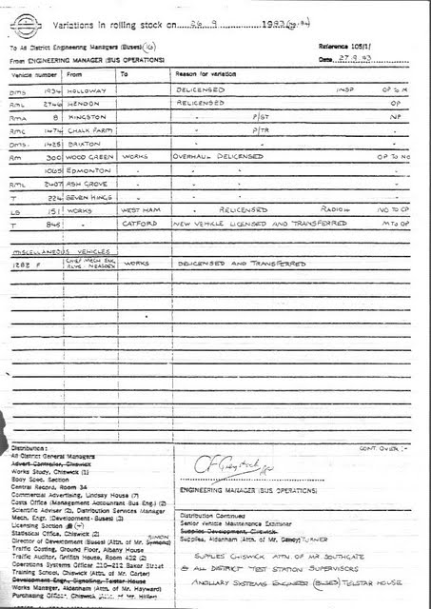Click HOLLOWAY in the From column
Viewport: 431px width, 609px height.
pyautogui.click(x=85, y=89)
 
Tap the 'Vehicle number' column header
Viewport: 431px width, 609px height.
pyautogui.click(x=34, y=73)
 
